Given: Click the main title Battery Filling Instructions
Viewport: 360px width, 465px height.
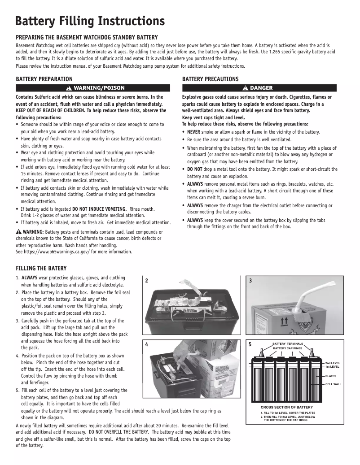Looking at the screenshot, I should [x=90, y=21].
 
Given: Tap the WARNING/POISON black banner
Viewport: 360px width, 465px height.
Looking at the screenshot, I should [x=93, y=88].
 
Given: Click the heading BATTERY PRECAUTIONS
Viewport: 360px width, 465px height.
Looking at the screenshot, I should [x=211, y=79].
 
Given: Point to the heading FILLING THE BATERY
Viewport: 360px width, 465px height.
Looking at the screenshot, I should [x=41, y=269].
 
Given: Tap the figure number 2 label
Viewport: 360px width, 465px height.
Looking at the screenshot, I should [x=147, y=281].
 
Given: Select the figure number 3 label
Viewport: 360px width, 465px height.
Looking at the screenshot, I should [x=250, y=281].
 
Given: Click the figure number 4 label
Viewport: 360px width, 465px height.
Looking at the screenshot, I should [x=147, y=345].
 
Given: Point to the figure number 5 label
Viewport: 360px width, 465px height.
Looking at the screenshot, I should [x=250, y=345].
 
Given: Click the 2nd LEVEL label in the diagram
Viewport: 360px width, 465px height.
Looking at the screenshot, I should [x=333, y=362].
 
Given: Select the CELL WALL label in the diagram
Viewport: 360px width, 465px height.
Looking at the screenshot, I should [x=334, y=384].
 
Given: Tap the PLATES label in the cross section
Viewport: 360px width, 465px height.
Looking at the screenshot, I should [x=331, y=376].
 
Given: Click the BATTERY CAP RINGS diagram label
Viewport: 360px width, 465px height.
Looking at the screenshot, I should [x=288, y=348].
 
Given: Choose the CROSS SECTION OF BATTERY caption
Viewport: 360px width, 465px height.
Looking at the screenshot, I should [x=283, y=407].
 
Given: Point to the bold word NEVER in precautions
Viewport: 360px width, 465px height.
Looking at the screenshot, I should [x=194, y=132].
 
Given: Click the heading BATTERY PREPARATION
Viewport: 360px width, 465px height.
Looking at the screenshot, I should [x=44, y=79].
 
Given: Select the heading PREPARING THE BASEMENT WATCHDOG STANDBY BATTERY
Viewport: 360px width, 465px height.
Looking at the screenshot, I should [x=87, y=37].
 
